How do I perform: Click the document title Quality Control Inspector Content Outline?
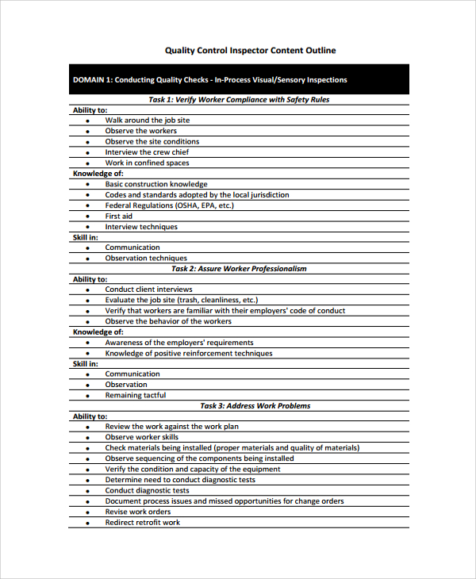click(250, 50)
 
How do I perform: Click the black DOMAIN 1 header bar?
click(238, 80)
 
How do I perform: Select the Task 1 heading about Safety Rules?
click(239, 100)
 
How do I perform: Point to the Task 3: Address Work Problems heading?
click(255, 406)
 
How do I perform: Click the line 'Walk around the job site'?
click(148, 121)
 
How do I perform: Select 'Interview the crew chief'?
click(147, 152)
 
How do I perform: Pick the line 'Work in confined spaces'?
click(147, 163)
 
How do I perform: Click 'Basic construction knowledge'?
click(156, 184)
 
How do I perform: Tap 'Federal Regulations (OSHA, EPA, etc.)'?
click(168, 205)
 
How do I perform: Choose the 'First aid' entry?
click(119, 216)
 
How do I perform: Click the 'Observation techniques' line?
click(146, 259)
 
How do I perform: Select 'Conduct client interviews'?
click(149, 289)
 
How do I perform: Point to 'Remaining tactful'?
click(136, 395)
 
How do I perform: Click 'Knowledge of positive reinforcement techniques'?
click(189, 354)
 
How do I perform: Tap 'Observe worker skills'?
click(142, 437)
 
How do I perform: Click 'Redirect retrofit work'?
click(143, 523)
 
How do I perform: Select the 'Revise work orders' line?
click(138, 512)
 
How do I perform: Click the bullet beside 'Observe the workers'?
click(87, 132)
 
